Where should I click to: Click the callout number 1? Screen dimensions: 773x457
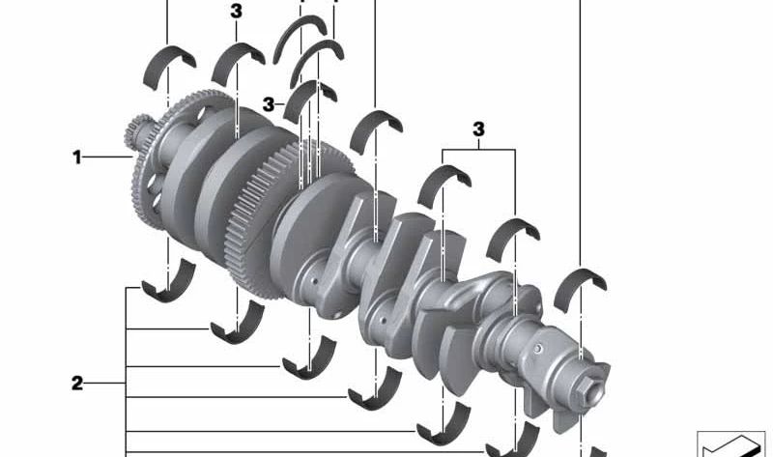[x=77, y=157]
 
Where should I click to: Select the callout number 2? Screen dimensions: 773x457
[x=77, y=383]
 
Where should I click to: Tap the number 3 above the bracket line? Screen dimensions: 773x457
[x=478, y=129]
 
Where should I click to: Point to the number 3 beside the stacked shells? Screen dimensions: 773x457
[x=269, y=104]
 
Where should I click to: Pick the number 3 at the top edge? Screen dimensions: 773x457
[x=236, y=12]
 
